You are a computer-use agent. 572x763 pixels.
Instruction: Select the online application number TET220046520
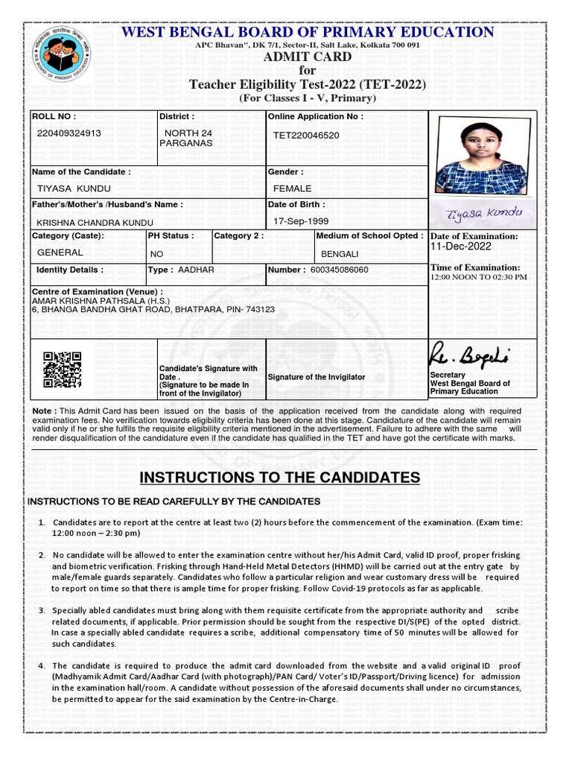point(306,136)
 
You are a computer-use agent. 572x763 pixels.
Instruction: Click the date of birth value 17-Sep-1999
point(299,222)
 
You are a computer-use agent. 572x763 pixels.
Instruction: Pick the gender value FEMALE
point(292,189)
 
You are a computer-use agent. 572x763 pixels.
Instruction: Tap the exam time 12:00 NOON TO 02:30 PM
point(478,277)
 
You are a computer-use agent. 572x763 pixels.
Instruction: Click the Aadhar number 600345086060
point(339,270)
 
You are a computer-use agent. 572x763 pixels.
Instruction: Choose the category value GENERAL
point(60,253)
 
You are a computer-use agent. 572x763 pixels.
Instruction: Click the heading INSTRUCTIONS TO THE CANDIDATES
point(280,478)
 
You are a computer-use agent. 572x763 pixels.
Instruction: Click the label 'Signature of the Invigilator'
point(317,377)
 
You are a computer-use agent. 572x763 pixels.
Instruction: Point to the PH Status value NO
point(156,254)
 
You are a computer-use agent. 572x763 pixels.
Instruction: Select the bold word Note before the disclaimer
point(42,411)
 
